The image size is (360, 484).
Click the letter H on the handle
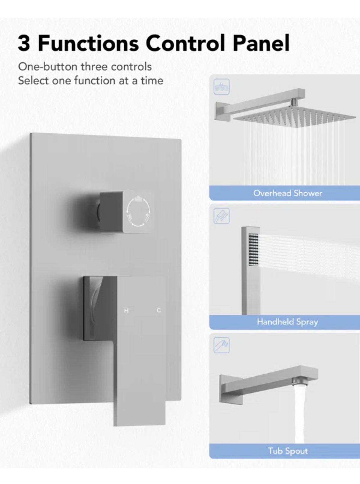pos(126,310)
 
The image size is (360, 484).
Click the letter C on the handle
pos(159,310)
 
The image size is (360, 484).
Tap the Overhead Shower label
pos(287,193)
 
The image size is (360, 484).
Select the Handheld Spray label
pos(287,322)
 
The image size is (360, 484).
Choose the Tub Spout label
pos(287,451)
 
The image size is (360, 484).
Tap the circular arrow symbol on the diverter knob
pos(138,211)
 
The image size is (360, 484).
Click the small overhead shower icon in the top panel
pos(222,87)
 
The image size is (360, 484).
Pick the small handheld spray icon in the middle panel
pos(222,216)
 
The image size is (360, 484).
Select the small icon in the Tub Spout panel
pos(222,345)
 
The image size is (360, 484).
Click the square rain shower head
pos(295,117)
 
